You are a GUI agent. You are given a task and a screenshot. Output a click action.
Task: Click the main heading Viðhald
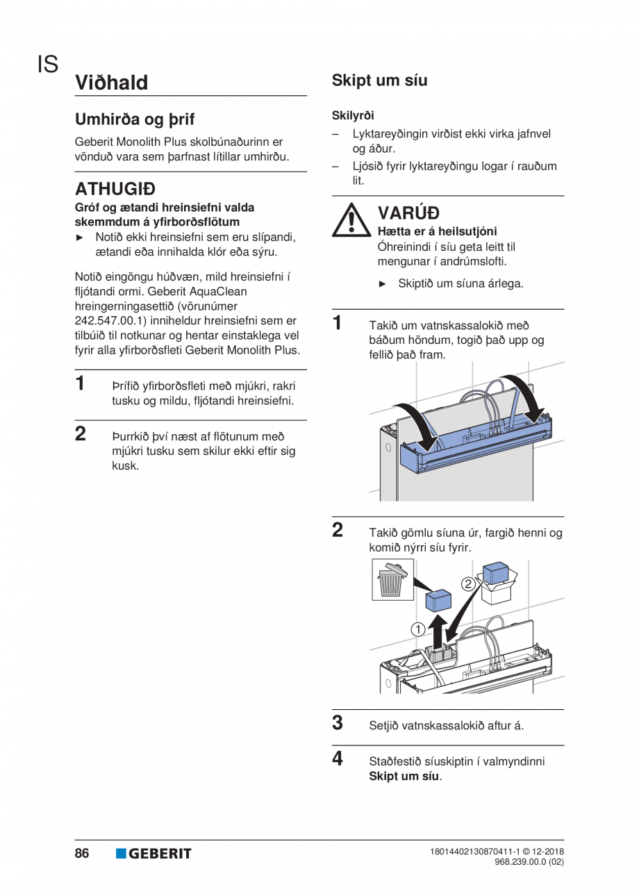[x=112, y=83]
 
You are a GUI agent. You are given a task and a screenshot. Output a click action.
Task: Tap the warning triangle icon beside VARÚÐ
[x=351, y=220]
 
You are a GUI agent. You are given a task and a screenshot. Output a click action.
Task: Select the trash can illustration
[x=392, y=579]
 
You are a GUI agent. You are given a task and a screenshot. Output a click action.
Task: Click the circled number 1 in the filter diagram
[x=418, y=629]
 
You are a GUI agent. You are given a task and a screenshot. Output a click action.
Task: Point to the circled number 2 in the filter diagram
[x=468, y=584]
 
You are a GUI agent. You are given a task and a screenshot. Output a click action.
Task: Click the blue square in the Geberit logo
[x=121, y=854]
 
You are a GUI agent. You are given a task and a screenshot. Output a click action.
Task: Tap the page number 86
[x=82, y=853]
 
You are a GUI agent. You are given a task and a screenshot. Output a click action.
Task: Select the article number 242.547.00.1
[x=110, y=321]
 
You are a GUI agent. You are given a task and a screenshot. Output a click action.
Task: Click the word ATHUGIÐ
[x=115, y=189]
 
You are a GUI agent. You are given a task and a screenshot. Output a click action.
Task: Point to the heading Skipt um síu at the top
[x=379, y=81]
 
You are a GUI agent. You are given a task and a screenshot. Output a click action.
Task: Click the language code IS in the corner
[x=48, y=65]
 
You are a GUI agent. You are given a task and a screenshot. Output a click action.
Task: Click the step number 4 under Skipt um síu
[x=338, y=758]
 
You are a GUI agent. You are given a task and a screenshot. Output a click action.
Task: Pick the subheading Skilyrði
[x=353, y=115]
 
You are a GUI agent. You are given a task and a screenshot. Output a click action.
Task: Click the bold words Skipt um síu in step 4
[x=404, y=777]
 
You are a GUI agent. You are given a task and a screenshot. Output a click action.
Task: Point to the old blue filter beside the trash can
[x=438, y=602]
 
